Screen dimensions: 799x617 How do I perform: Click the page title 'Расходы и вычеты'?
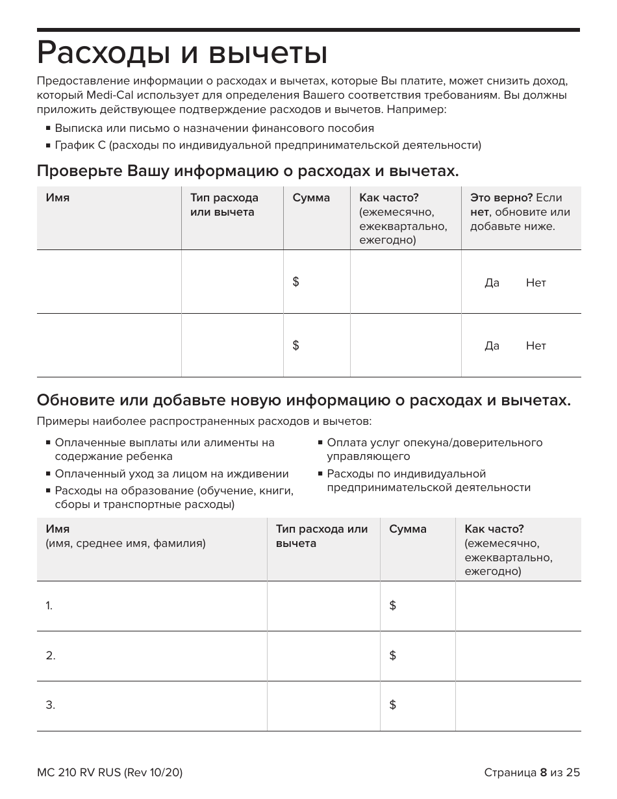(182, 53)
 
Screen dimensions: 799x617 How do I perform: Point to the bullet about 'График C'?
(268, 146)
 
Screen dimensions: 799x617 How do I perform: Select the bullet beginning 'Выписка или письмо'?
(214, 129)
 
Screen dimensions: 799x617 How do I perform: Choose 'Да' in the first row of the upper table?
(492, 283)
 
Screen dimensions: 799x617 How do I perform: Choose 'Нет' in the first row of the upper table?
(536, 283)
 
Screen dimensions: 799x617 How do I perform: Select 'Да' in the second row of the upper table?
(492, 346)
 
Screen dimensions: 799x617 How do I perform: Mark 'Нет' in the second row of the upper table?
(536, 346)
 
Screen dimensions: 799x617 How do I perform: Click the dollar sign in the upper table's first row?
(296, 281)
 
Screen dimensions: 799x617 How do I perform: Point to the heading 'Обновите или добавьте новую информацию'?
(304, 400)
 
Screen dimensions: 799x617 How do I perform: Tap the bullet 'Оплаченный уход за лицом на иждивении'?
(171, 474)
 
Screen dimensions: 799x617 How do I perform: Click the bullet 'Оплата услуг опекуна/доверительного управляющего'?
(434, 450)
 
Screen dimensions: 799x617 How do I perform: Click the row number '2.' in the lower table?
(51, 655)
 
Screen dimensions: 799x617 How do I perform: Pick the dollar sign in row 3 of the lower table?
(392, 705)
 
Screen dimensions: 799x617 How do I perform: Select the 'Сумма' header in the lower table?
(408, 529)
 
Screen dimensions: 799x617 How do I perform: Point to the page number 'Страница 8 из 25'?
(531, 772)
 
